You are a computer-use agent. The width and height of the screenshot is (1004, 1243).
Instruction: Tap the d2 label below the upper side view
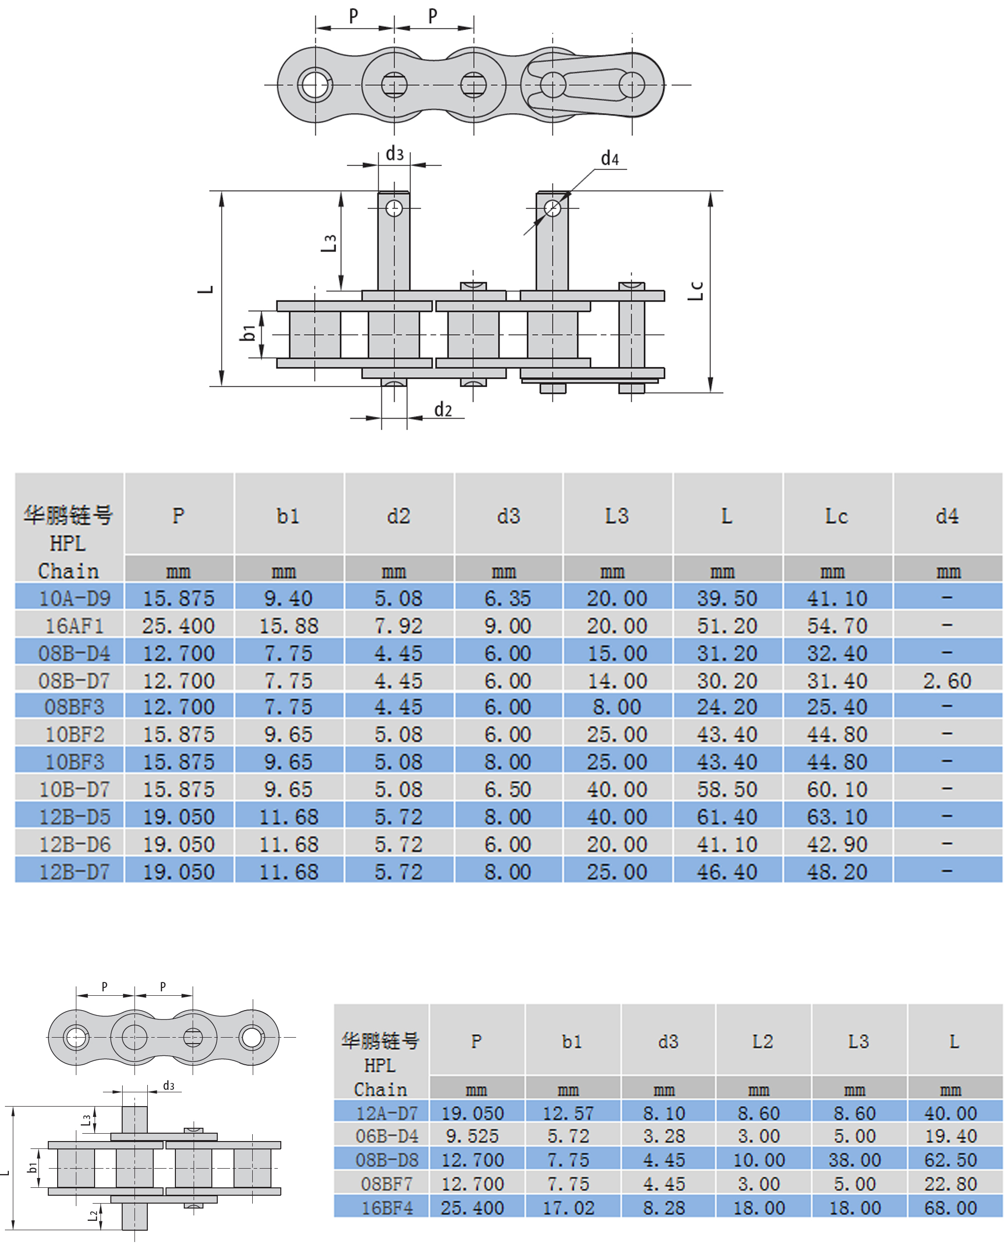(443, 409)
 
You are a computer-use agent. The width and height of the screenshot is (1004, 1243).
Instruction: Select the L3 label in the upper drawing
(329, 243)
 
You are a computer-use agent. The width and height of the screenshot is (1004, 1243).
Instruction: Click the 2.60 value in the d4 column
(947, 681)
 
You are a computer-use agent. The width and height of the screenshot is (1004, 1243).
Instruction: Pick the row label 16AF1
(74, 625)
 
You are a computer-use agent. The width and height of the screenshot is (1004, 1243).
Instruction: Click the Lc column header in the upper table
(837, 516)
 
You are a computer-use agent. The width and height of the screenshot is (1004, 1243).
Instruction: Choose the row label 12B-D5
(74, 817)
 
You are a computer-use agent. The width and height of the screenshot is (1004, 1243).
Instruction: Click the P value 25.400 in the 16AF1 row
(178, 625)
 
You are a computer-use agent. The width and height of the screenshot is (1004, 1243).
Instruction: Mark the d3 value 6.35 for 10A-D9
(507, 598)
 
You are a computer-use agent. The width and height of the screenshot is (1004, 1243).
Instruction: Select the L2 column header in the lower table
(762, 1041)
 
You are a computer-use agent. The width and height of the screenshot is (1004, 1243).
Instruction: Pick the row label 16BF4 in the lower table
(387, 1208)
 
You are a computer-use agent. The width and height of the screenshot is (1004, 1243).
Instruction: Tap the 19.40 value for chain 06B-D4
(950, 1136)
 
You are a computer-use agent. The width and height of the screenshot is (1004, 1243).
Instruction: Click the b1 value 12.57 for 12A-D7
(568, 1113)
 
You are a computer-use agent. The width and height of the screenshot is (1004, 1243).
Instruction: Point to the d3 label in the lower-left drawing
(168, 1085)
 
